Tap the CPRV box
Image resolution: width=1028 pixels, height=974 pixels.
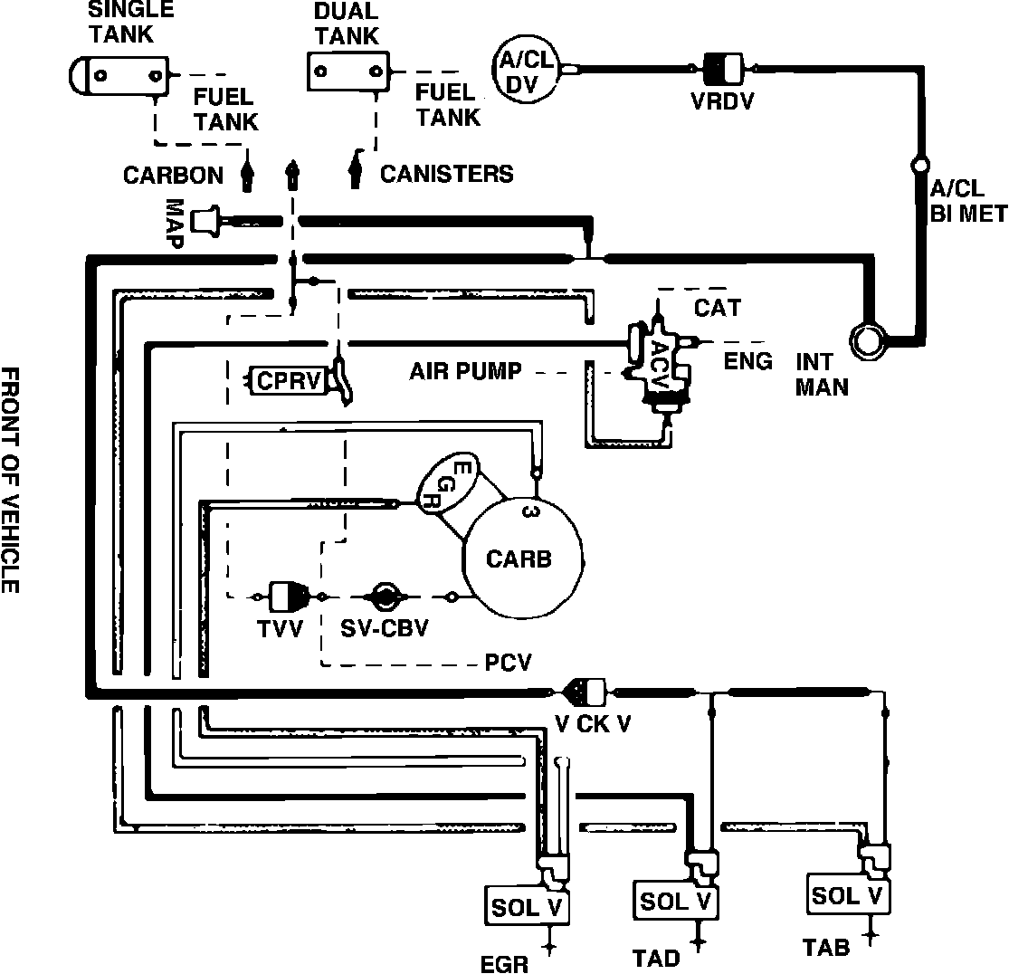tap(288, 380)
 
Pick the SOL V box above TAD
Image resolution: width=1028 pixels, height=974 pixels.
tap(675, 901)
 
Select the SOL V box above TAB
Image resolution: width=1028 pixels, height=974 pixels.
tap(847, 895)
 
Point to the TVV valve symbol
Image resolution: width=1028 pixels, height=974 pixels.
tap(289, 597)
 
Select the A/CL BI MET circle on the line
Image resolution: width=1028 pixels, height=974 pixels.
tap(920, 166)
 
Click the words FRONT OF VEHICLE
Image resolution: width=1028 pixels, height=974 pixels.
tap(11, 480)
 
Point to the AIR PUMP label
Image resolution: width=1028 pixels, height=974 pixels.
tap(464, 371)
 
